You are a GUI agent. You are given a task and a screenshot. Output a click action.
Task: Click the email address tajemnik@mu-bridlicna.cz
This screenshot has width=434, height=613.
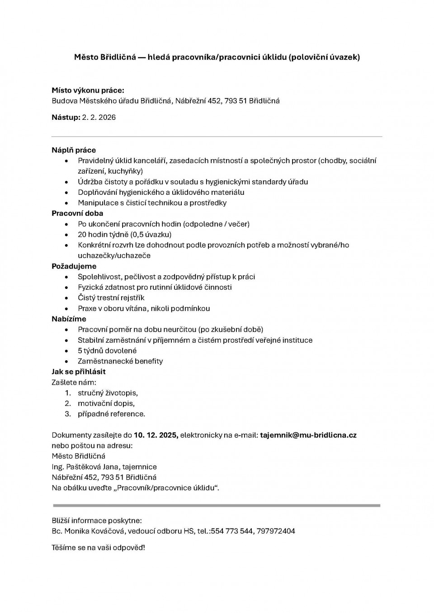coord(308,435)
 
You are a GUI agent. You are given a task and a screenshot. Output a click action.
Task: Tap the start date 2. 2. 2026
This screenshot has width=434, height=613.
coord(99,118)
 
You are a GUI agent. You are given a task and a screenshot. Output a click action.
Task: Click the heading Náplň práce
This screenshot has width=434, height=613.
coord(74,150)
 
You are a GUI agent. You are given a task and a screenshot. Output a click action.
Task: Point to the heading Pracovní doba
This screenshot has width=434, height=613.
coord(77,213)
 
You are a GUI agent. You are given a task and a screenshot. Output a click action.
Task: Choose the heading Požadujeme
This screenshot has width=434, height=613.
coord(74,266)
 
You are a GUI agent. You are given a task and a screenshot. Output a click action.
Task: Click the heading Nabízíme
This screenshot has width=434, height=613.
coord(69,319)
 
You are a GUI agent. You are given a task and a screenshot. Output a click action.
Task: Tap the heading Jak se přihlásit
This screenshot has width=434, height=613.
coord(79,372)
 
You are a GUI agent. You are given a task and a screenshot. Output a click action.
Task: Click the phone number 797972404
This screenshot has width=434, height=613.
coord(276,531)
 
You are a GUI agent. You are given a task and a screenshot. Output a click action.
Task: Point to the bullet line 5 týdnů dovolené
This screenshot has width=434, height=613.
coord(107,351)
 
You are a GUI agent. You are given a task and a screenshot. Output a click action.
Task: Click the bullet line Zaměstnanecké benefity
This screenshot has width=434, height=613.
coord(120,361)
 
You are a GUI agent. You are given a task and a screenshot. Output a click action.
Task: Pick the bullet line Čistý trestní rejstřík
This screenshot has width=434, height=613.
coord(111,298)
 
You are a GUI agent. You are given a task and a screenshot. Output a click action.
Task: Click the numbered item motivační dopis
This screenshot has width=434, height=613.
coord(106,403)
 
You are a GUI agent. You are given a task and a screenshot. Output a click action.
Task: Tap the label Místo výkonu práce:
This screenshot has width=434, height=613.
coord(88,90)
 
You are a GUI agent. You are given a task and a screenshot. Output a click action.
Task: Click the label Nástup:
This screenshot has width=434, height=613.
coord(66,118)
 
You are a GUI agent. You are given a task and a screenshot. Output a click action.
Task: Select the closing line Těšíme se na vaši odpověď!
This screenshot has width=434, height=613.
coord(99,547)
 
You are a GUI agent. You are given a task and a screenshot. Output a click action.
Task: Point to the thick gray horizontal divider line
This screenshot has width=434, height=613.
coord(217,505)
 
